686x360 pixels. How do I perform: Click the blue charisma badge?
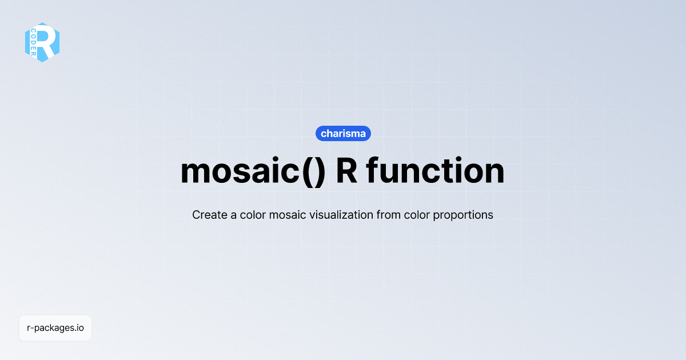pyautogui.click(x=343, y=134)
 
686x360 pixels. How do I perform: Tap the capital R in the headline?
pyautogui.click(x=347, y=171)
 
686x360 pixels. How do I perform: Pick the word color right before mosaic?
pyautogui.click(x=254, y=215)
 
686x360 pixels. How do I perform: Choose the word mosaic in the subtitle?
pyautogui.click(x=289, y=215)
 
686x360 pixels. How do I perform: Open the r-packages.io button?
pyautogui.click(x=55, y=328)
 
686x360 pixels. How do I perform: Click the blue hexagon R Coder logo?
pyautogui.click(x=42, y=42)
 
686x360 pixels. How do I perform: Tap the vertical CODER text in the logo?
pyautogui.click(x=34, y=43)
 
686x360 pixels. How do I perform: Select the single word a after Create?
pyautogui.click(x=231, y=215)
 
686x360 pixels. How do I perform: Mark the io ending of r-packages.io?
pyautogui.click(x=81, y=328)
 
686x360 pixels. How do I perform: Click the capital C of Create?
pyautogui.click(x=196, y=215)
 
